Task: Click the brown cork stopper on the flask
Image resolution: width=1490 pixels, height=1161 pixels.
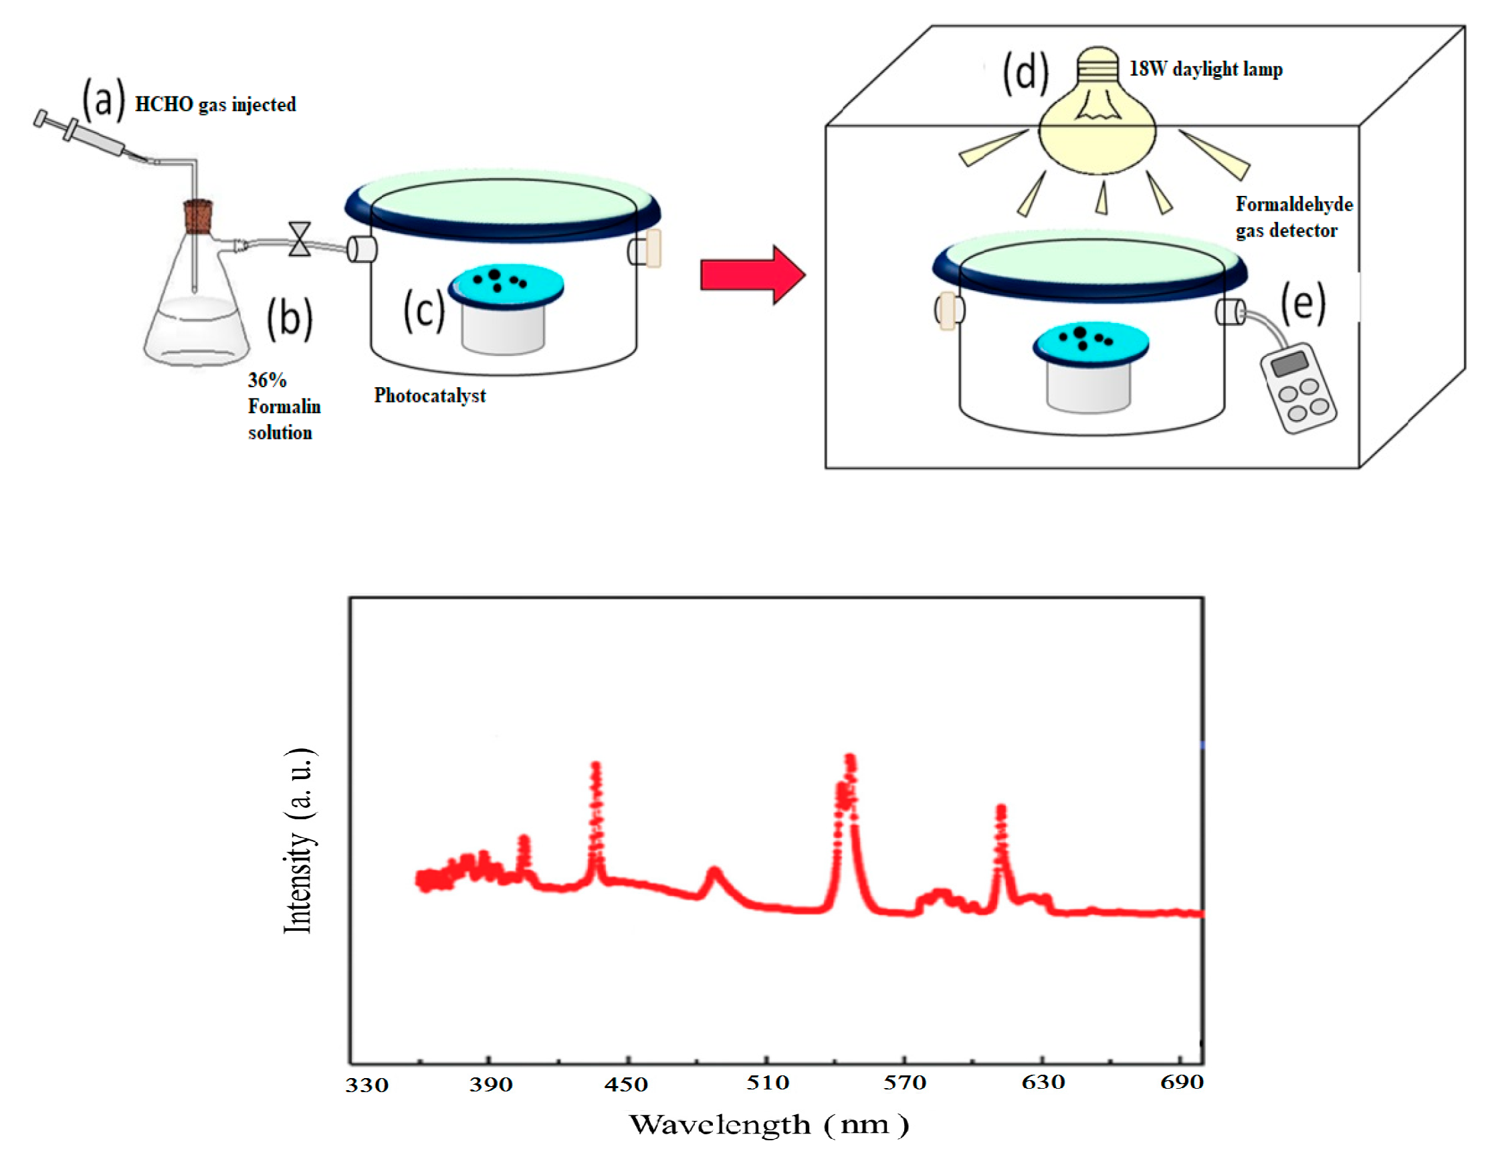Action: (199, 216)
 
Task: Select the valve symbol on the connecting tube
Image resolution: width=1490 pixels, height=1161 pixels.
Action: (300, 239)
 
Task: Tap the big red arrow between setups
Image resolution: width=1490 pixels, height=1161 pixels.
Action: (753, 275)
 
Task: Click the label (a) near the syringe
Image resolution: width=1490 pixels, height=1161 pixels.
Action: (104, 100)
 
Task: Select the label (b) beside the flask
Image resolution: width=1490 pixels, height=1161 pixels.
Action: (290, 318)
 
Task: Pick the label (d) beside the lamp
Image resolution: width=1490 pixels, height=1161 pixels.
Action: (1025, 72)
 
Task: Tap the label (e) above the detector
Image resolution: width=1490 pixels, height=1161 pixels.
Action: (1303, 303)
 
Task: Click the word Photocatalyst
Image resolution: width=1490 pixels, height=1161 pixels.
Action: (430, 396)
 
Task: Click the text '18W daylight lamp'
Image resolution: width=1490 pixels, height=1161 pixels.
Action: (1206, 69)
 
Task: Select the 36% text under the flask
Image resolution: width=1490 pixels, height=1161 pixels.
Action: (267, 380)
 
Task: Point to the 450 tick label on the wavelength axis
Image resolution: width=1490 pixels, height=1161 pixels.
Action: (625, 1083)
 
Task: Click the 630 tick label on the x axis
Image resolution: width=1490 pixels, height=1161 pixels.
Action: (1043, 1082)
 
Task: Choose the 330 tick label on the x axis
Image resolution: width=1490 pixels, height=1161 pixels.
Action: (366, 1085)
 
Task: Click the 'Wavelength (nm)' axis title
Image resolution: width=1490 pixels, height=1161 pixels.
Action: (769, 1125)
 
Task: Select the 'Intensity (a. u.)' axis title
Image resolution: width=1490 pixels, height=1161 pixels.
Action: (299, 840)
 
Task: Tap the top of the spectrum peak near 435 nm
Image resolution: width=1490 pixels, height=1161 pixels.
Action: (596, 764)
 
